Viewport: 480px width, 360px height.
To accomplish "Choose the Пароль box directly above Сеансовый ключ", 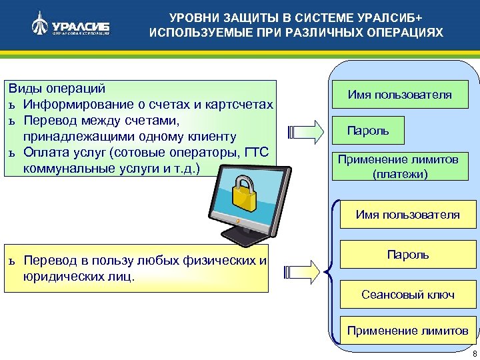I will point(408,255).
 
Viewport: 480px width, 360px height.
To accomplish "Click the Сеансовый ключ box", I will point(408,294).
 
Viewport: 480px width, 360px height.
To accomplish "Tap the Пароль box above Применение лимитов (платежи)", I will point(368,131).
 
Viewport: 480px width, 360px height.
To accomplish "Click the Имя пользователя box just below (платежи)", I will point(408,215).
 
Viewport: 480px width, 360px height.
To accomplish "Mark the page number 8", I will point(473,353).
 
